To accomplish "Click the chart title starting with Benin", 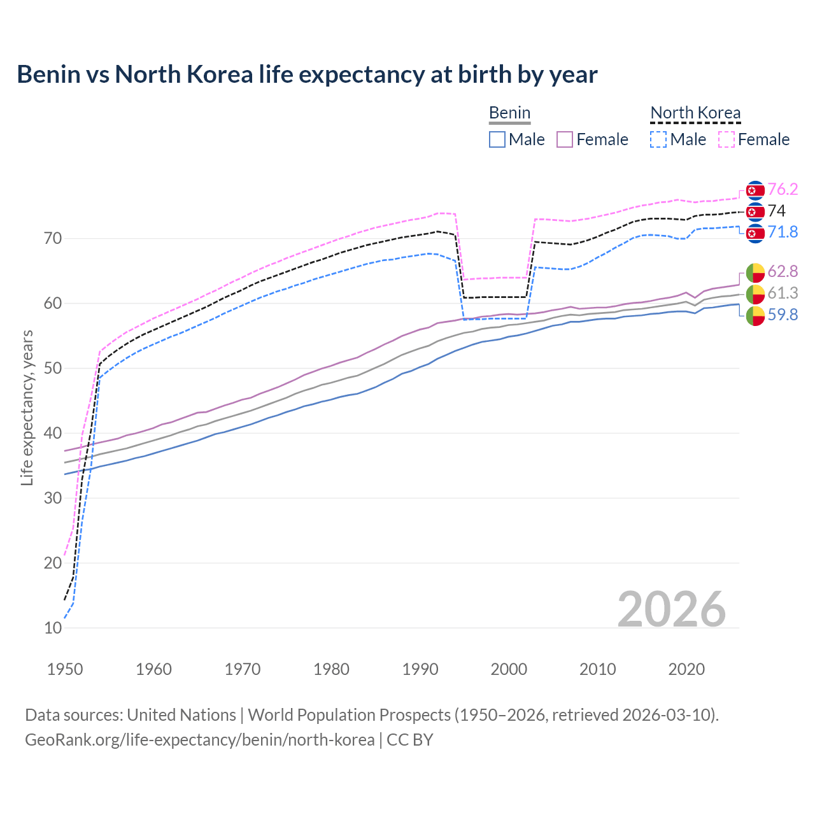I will [307, 74].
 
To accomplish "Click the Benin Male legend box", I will [497, 139].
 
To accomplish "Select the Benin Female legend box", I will [565, 139].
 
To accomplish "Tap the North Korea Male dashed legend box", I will [658, 139].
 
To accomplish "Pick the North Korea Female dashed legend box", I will [726, 139].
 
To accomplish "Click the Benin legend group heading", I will [509, 113].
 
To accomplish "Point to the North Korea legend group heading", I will [695, 113].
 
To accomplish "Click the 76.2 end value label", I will [783, 190].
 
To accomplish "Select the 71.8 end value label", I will [783, 232].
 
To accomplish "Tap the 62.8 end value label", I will [783, 272].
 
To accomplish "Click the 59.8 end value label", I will [783, 315].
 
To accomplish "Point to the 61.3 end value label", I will [783, 294].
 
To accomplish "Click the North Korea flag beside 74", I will [755, 211].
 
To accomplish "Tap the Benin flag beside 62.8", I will [755, 273].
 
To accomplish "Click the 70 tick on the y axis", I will [53, 239].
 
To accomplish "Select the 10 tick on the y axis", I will [53, 628].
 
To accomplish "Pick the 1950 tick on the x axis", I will [65, 669].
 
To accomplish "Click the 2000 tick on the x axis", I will [509, 669].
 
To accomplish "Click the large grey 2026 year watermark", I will [671, 609].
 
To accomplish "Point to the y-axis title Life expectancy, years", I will [27, 407].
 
